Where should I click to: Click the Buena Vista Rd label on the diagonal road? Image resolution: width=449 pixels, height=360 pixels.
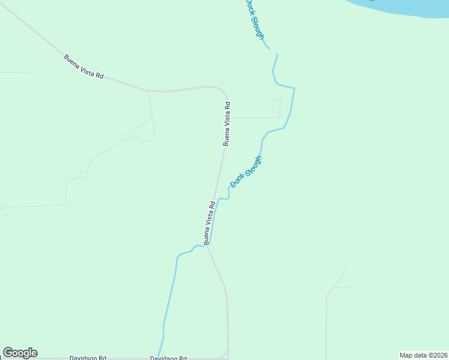84,67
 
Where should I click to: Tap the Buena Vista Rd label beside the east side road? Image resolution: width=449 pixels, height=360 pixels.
226,124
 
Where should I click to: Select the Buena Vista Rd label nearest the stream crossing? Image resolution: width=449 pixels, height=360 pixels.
209,223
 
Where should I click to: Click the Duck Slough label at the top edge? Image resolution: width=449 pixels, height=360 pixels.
254,19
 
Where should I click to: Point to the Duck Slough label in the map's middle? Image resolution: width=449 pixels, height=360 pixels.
246,172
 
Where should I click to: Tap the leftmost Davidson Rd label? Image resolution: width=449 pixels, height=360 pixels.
88,357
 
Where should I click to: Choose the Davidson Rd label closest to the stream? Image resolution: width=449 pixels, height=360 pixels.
168,358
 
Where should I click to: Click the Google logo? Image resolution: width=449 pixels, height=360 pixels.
20,353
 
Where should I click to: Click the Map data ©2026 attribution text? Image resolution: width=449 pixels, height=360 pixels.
423,355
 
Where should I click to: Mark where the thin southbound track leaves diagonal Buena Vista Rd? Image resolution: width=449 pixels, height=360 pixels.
148,91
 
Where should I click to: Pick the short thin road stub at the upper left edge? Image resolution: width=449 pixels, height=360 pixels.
18,73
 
